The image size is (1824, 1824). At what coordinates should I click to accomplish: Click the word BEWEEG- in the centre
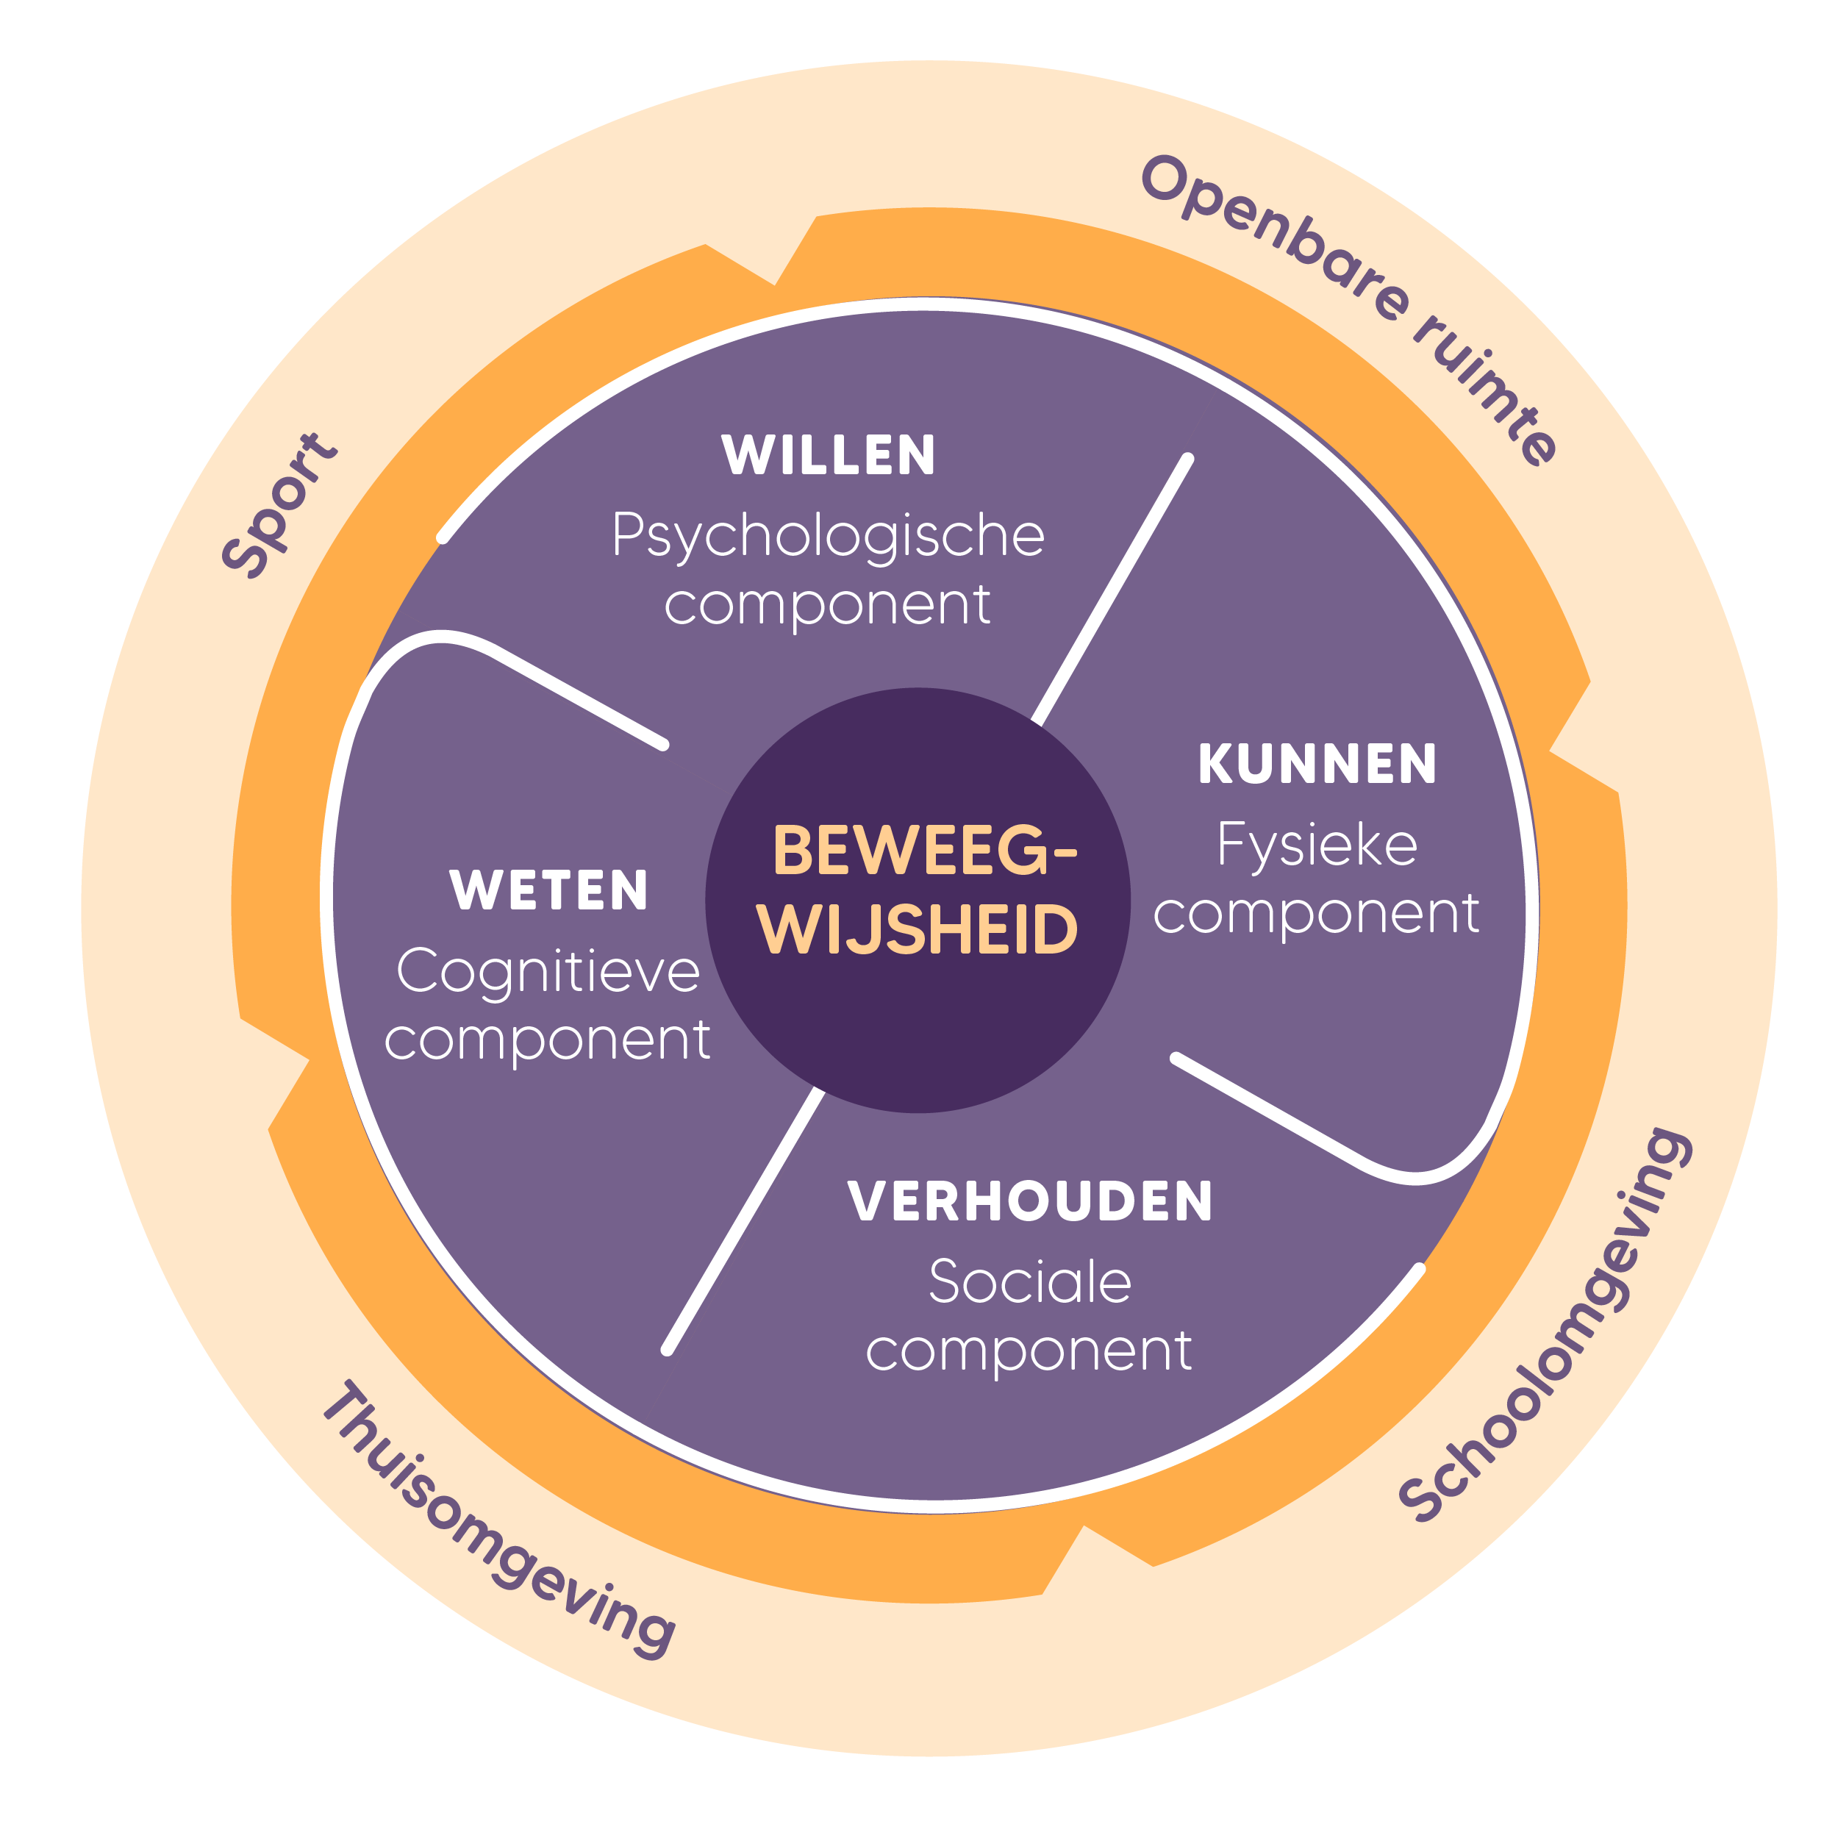coord(923,850)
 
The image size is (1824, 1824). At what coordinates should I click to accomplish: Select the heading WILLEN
coord(828,455)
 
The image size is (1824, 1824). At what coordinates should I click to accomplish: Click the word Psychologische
coord(828,536)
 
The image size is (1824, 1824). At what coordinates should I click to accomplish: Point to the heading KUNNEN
coord(1317,764)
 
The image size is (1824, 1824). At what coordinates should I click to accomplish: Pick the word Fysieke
coord(1317,843)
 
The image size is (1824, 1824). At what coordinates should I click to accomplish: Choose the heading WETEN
coord(548,890)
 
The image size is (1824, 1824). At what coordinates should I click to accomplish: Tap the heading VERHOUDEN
coord(1029,1202)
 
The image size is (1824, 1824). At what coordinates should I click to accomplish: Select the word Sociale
coord(1029,1282)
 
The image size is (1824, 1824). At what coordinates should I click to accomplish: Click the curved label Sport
coord(279,504)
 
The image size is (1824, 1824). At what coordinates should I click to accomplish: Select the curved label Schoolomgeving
coord(1548,1322)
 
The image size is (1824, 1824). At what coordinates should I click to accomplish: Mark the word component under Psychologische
coord(828,606)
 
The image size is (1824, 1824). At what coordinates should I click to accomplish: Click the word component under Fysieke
coord(1317,915)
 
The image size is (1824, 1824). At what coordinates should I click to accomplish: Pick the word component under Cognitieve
coord(548,1041)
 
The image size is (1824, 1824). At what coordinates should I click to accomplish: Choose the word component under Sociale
coord(1029,1352)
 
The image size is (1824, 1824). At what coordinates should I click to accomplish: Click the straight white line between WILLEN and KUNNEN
coord(1112,591)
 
